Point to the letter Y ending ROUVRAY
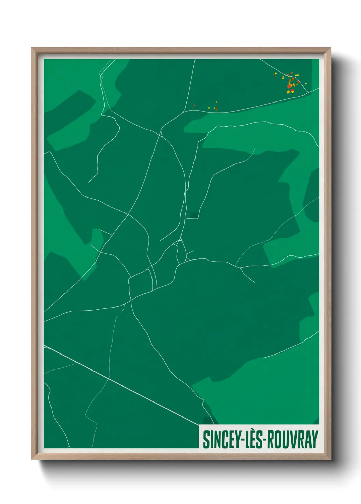pos(315,440)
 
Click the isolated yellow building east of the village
pos(306,83)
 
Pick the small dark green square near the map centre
pos(193,215)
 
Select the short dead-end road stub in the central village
pos(190,252)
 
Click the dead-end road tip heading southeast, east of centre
pos(255,282)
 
